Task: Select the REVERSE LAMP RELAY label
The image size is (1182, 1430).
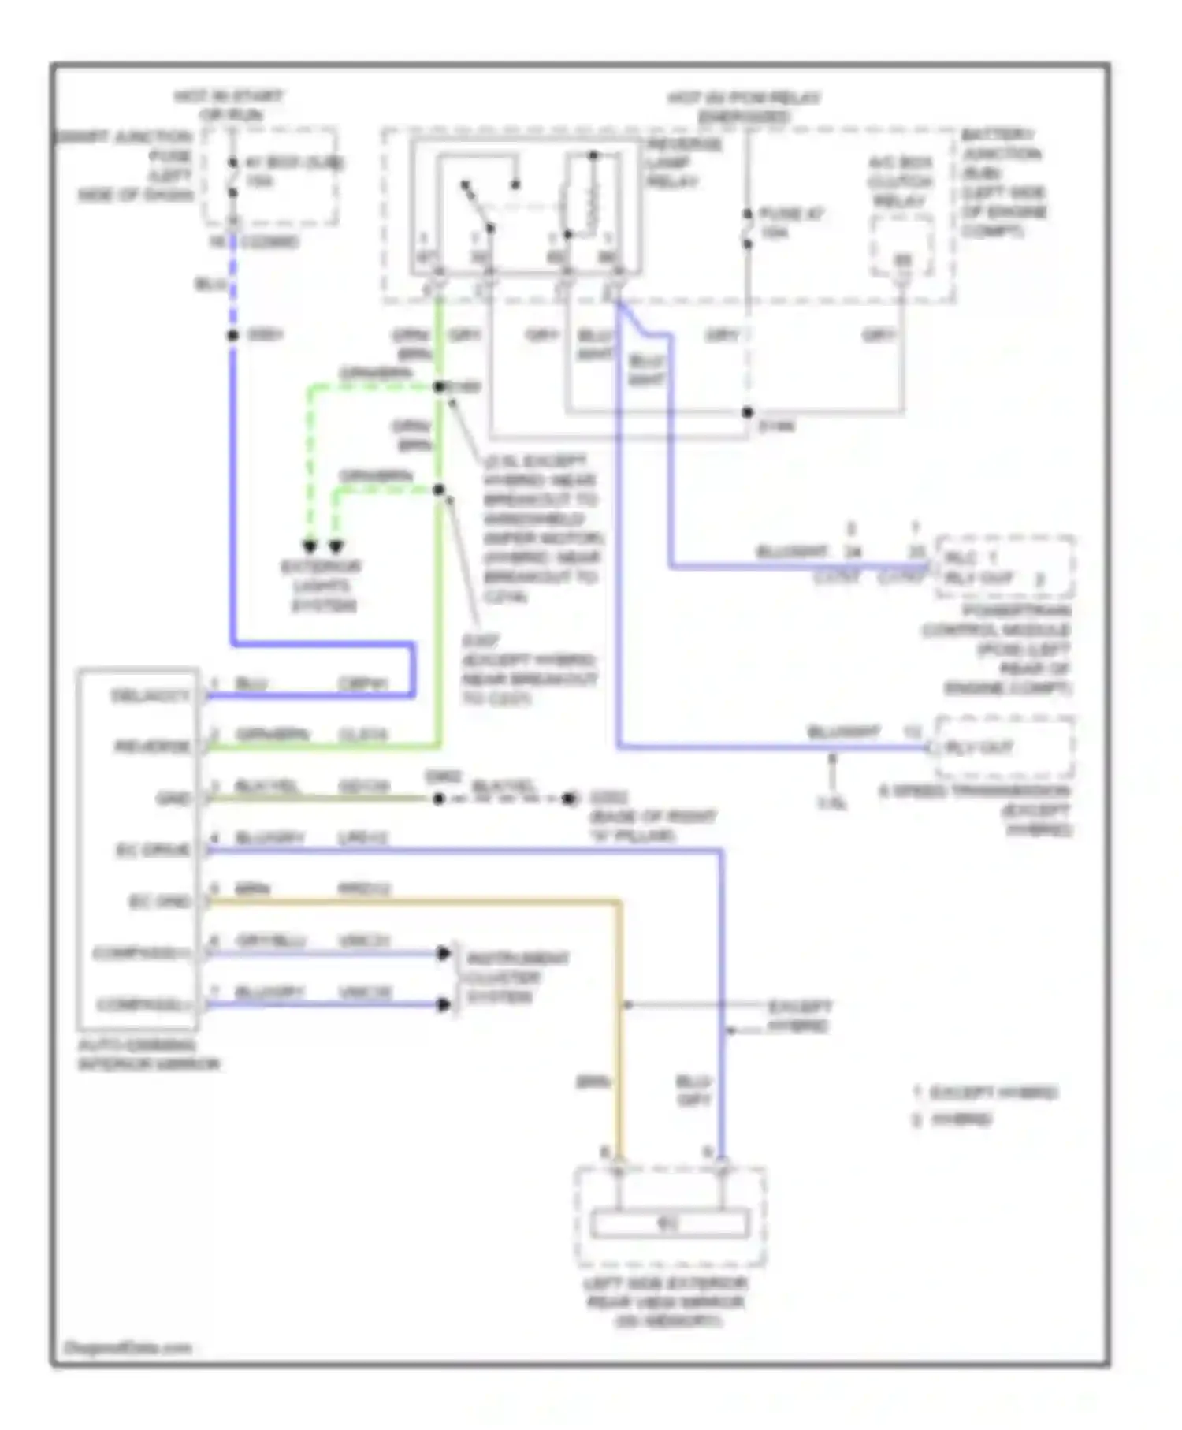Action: [x=683, y=163]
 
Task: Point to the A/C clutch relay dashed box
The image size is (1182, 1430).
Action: [x=901, y=247]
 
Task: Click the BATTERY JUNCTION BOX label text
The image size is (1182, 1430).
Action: [x=1002, y=182]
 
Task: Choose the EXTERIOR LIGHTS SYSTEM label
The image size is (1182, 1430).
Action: [x=322, y=587]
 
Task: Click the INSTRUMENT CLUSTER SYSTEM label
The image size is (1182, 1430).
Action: [x=516, y=978]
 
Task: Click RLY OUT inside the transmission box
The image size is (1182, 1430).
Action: [x=979, y=747]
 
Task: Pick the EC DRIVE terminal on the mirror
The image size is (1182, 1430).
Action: [x=153, y=850]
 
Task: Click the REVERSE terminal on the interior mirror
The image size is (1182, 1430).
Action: [x=152, y=746]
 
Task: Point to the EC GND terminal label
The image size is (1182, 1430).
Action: [x=160, y=901]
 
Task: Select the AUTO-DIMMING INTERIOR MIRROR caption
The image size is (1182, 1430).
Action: [x=148, y=1055]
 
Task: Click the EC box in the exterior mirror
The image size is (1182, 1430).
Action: [x=669, y=1224]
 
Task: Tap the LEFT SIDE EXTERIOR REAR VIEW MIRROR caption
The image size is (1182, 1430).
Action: [x=667, y=1302]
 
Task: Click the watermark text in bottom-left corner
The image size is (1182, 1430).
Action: [x=126, y=1347]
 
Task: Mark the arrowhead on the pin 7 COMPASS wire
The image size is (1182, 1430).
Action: [x=444, y=1004]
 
